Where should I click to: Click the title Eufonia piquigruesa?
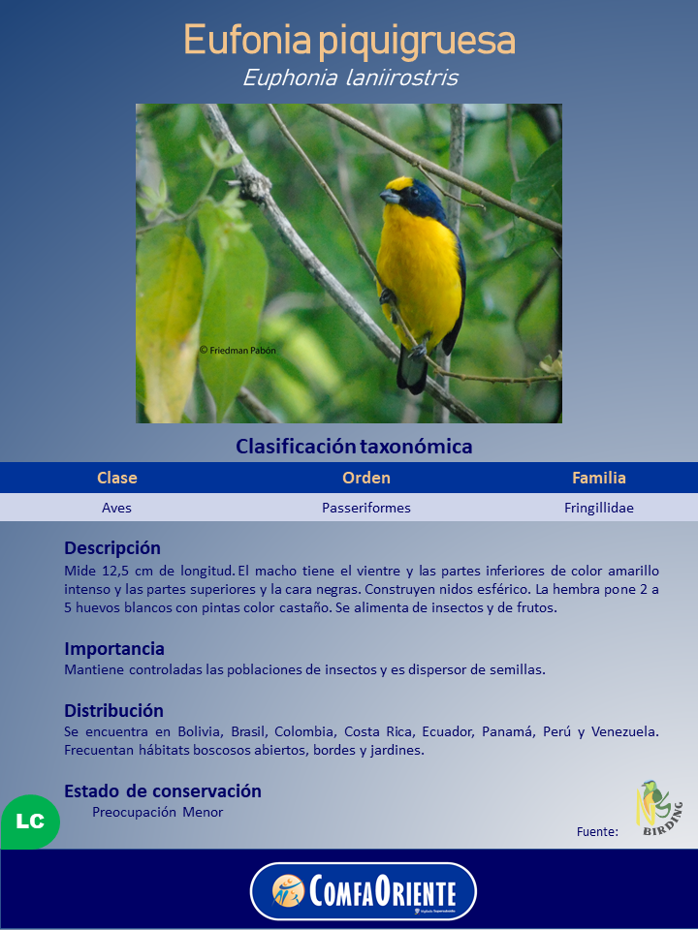click(x=349, y=42)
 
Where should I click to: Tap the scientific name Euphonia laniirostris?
click(x=349, y=77)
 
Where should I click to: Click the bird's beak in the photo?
click(x=389, y=197)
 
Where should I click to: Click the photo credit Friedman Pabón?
click(x=238, y=350)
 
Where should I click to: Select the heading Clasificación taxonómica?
click(x=354, y=447)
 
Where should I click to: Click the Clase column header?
click(x=117, y=478)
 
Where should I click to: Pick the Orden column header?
click(x=366, y=478)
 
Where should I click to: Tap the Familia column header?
click(x=599, y=478)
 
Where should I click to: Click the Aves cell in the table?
click(x=117, y=508)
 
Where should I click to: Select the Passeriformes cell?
click(x=366, y=508)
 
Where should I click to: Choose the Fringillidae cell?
click(x=599, y=508)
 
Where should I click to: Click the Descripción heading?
click(x=112, y=548)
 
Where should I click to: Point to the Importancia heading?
click(x=114, y=649)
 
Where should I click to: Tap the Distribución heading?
click(x=113, y=711)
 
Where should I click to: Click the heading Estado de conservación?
click(x=163, y=791)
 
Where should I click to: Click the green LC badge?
click(x=30, y=821)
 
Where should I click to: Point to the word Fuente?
click(x=597, y=831)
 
